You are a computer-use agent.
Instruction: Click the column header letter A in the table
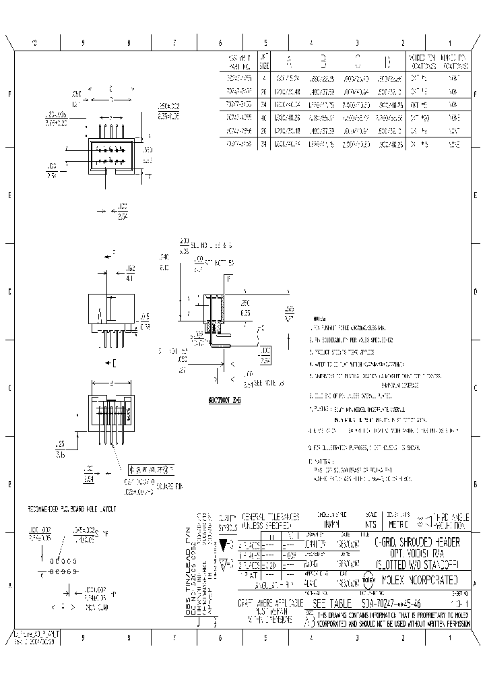pyautogui.click(x=290, y=62)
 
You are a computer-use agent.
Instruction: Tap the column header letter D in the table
pyautogui.click(x=387, y=62)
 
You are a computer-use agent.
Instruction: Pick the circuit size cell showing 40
pyautogui.click(x=265, y=117)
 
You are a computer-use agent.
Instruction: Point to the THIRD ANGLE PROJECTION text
pyautogui.click(x=450, y=520)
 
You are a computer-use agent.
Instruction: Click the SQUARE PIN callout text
pyautogui.click(x=161, y=484)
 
